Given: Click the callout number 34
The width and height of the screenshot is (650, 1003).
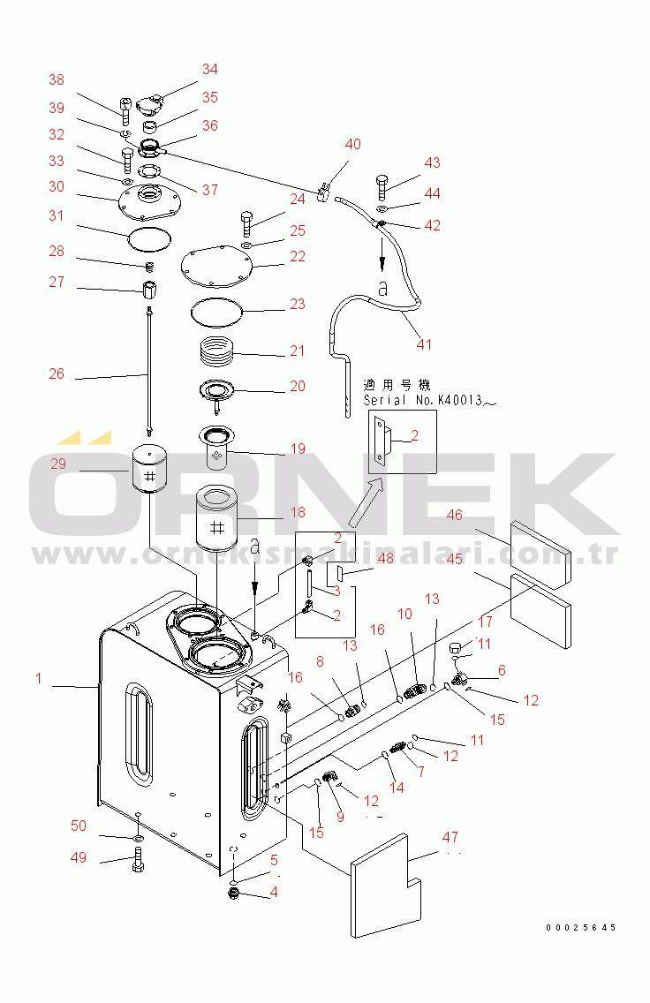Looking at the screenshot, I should pos(209,69).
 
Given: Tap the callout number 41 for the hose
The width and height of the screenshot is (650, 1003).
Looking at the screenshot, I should pos(424,343).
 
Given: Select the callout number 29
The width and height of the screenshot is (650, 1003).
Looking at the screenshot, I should pos(58,465).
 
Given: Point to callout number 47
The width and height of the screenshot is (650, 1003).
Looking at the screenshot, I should pos(450,836).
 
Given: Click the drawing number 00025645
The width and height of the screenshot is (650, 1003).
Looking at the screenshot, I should pos(580,928).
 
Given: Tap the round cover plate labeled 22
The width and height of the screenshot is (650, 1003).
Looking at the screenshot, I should pos(216,265).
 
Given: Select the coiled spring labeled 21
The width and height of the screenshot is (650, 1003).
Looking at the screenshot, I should pos(215,350).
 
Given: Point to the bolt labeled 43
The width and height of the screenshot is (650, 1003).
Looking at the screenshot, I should pos(382,186).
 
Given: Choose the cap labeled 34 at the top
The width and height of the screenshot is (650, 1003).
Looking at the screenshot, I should pos(157,105).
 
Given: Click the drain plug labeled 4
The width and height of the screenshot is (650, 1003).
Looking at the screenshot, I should pos(235,895).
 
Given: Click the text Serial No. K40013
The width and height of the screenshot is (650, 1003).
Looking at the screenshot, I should pos(430,400).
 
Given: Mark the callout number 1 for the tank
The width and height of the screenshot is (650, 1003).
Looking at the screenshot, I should pos(38,678).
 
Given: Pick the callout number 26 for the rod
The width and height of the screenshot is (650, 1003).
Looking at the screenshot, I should pos(57,373).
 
